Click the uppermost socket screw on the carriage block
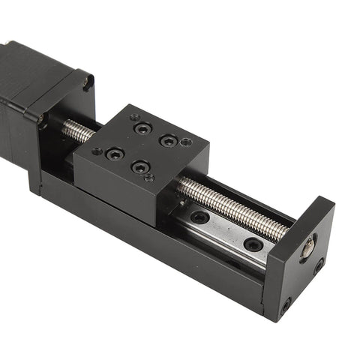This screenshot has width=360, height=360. (x=142, y=128)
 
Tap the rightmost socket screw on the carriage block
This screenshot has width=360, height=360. (x=169, y=140)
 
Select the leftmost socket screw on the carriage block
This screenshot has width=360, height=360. (x=115, y=154)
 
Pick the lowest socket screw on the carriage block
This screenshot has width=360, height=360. (x=139, y=166)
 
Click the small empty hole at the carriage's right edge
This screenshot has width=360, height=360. (x=187, y=142)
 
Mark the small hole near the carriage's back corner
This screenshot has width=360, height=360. (x=134, y=117)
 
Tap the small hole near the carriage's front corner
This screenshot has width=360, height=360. (x=149, y=178)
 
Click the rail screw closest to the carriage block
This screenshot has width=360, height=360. (x=199, y=217)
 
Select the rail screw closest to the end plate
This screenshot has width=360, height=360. (x=253, y=244)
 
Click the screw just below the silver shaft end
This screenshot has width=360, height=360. (x=319, y=265)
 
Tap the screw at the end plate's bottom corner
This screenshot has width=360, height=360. (x=286, y=305)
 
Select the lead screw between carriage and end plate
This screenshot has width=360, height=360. (x=232, y=210)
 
